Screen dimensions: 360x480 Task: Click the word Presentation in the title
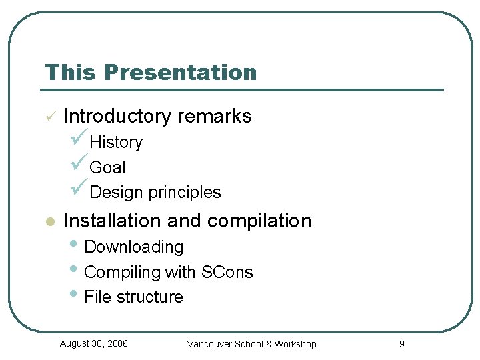[180, 72]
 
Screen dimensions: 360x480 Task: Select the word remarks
[215, 116]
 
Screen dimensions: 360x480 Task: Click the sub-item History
[116, 143]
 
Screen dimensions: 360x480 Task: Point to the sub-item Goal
[107, 167]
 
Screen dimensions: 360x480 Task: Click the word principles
[185, 192]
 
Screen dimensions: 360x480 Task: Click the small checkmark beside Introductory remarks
[49, 117]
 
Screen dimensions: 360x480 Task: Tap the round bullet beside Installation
[49, 221]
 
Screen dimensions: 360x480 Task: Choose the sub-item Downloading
[133, 247]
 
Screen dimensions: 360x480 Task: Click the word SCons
[227, 272]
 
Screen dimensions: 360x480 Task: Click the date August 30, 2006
[93, 343]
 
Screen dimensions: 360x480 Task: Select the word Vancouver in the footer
[209, 344]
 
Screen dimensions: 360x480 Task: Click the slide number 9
[401, 344]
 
